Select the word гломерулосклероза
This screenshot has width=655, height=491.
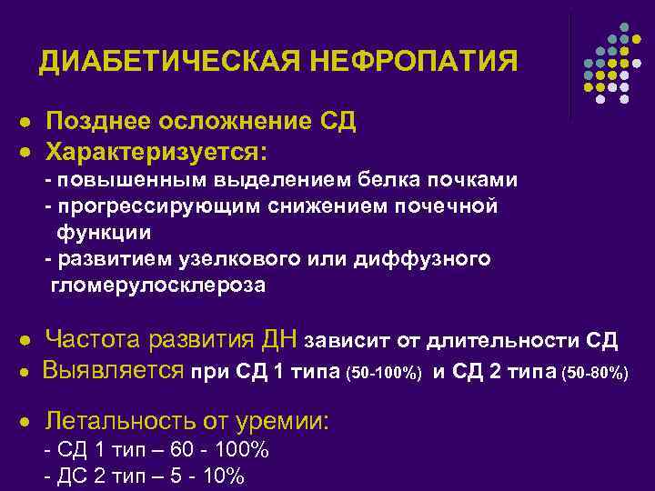(158, 286)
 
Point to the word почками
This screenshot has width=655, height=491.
(479, 179)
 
